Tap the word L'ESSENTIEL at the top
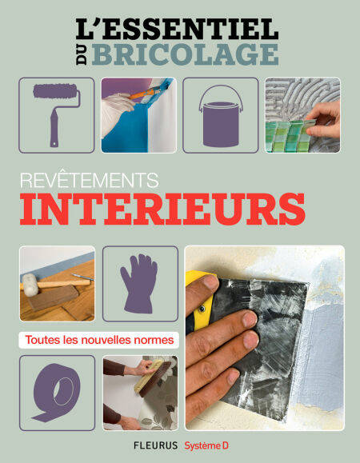click(177, 29)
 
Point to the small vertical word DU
click(82, 54)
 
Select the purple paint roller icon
click(56, 114)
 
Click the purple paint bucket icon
click(221, 117)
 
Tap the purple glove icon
click(139, 283)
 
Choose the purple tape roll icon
click(56, 392)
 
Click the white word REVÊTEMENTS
click(90, 180)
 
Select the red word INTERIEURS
click(162, 209)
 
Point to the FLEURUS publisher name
click(156, 445)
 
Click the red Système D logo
click(206, 445)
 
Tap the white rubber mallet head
click(30, 285)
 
